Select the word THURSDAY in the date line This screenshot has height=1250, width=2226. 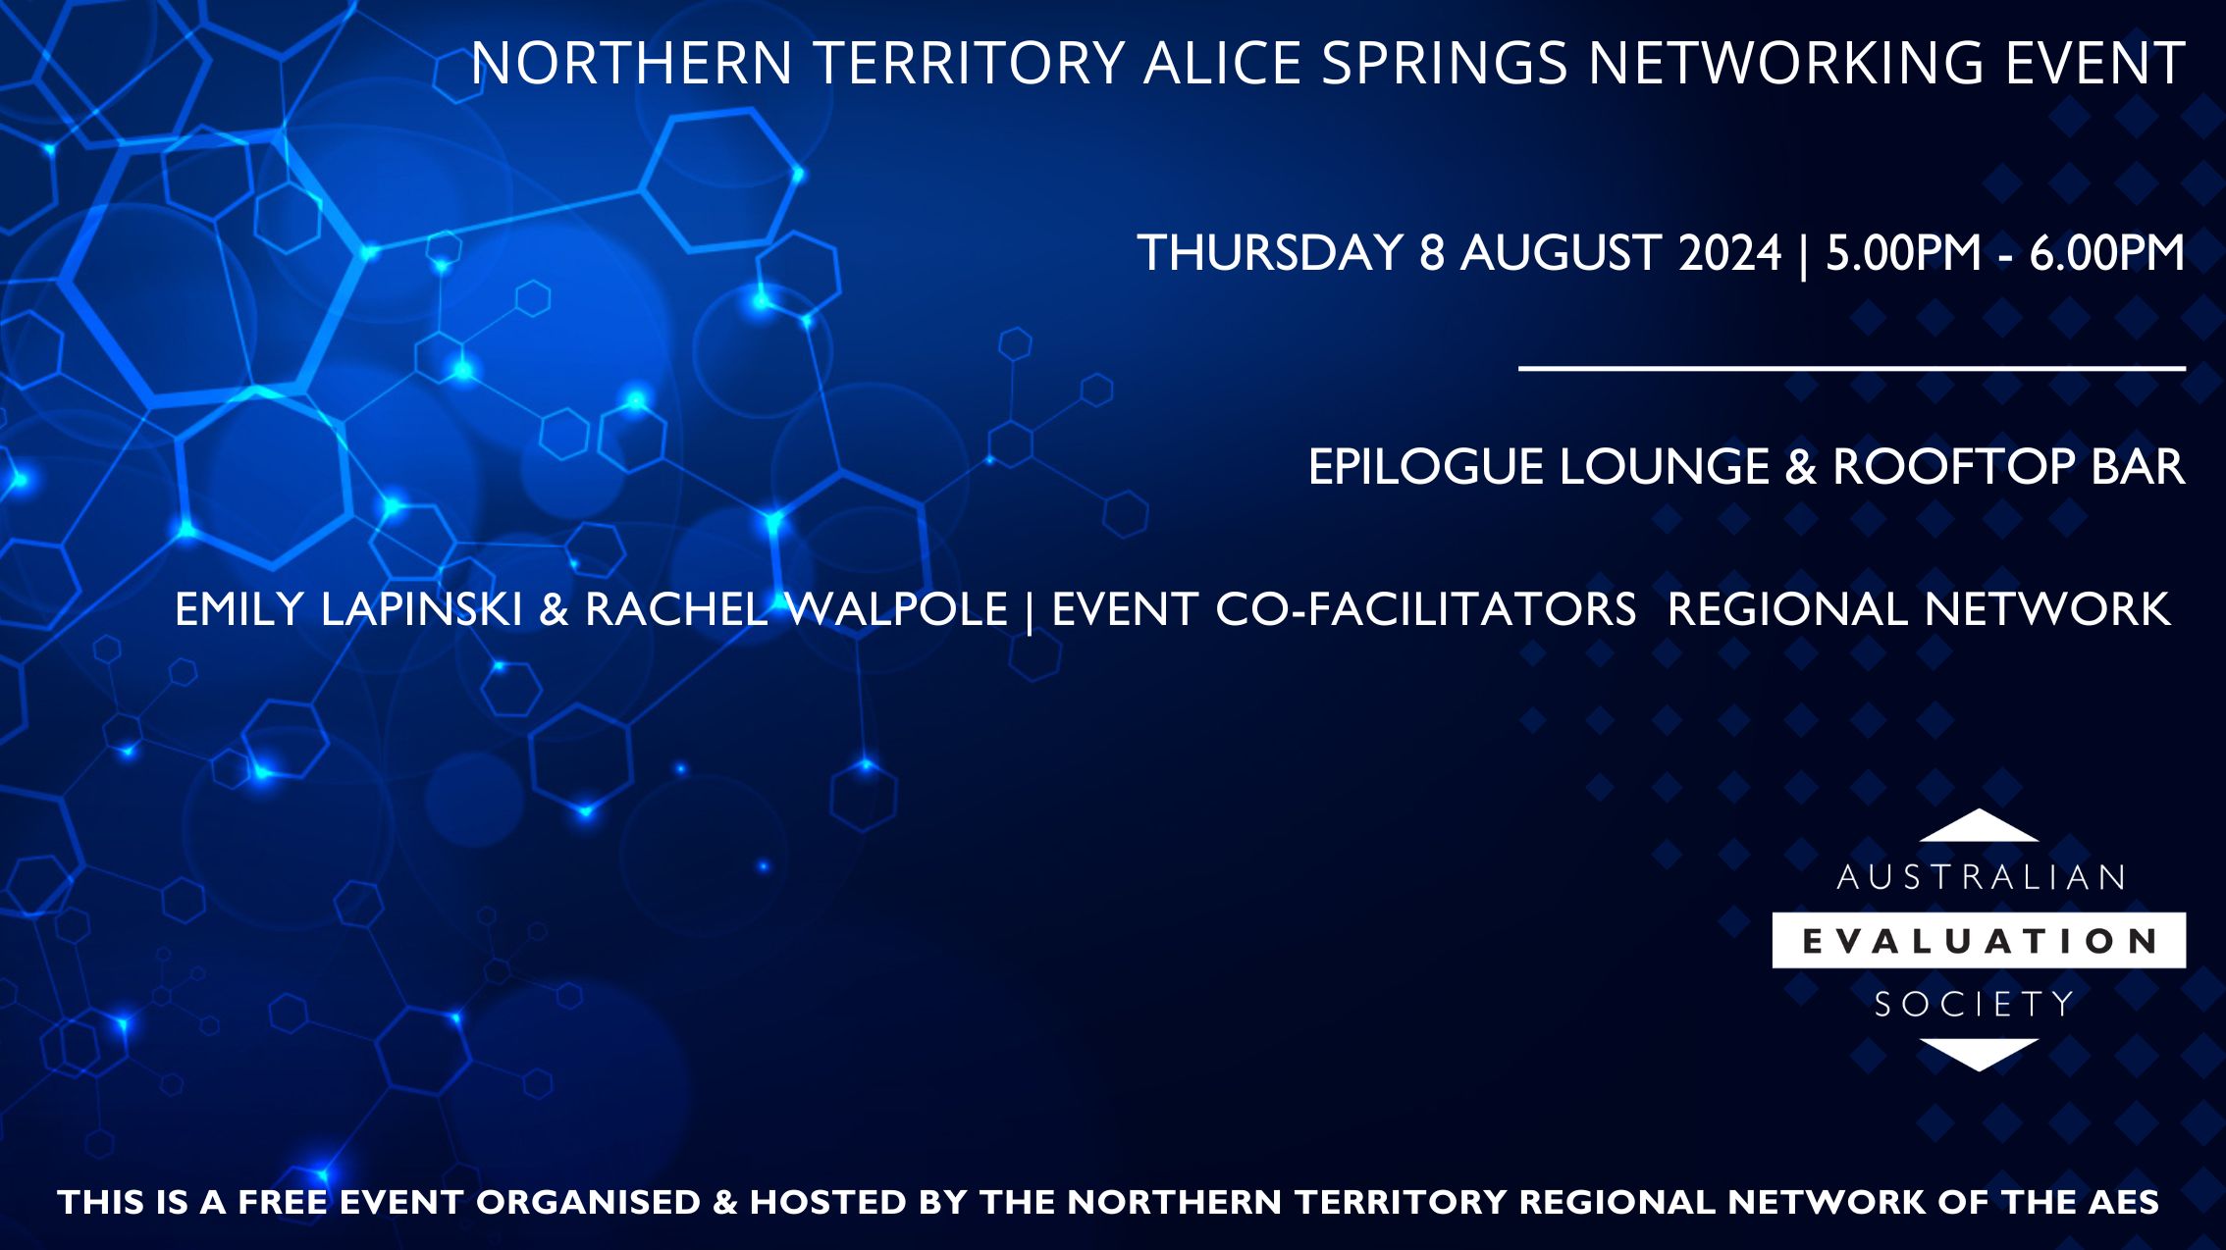pos(1270,253)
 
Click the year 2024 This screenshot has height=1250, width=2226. pos(1729,253)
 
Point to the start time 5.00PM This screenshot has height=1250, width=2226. pos(1903,253)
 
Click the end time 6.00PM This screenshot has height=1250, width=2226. pos(2106,253)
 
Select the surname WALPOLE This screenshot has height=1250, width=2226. pos(897,609)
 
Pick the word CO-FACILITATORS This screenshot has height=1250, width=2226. pos(1425,609)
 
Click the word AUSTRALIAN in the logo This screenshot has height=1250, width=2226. pos(1980,877)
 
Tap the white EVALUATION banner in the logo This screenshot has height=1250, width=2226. pos(1979,941)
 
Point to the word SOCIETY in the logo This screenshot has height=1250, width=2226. pos(1975,1004)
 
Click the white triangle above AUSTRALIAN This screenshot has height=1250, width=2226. pos(1979,827)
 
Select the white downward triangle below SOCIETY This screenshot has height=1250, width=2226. pos(1979,1054)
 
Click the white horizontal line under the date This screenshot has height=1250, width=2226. pos(1851,369)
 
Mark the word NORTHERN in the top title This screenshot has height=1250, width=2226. pos(631,64)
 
